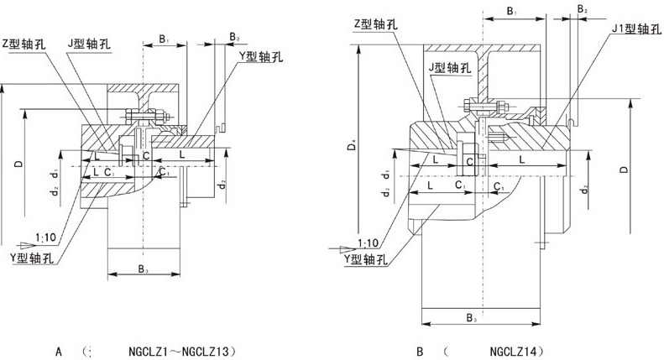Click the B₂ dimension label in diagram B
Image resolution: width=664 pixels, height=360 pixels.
click(x=583, y=9)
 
